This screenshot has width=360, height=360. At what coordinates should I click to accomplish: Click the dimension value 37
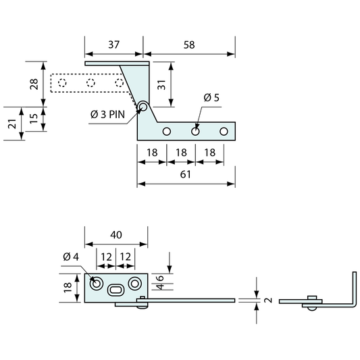pos(114,45)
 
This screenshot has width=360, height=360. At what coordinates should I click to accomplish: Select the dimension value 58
pos(189,45)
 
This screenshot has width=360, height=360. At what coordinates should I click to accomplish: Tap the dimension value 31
pos(162,85)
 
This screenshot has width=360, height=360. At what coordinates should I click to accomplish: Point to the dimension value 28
pos(34,84)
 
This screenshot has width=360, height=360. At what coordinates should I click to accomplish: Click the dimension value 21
pos(12,124)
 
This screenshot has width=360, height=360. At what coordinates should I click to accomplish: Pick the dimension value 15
pos(34,118)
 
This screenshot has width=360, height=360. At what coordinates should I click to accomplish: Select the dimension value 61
pos(185,174)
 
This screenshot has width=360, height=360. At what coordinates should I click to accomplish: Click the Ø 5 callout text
pos(211,97)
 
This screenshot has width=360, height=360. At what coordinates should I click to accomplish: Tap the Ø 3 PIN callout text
pos(107,114)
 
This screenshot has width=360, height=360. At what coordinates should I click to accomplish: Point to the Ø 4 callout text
pos(71,257)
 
